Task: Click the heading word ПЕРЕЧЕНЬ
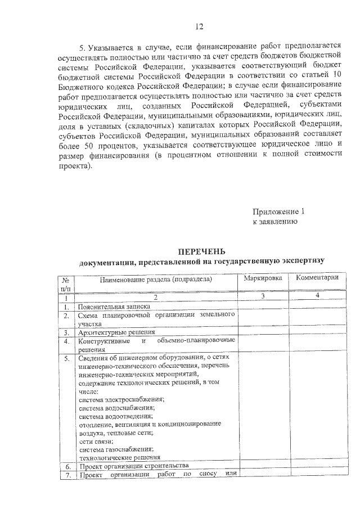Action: point(201,251)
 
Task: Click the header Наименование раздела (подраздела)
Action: point(156,278)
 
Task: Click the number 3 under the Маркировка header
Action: point(263,297)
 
